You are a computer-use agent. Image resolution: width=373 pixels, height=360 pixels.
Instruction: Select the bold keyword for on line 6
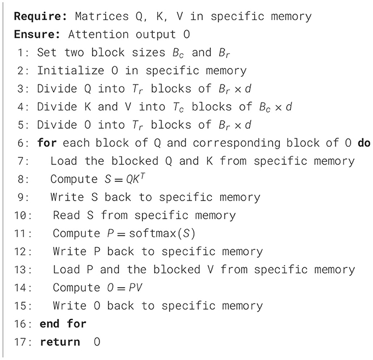click(48, 144)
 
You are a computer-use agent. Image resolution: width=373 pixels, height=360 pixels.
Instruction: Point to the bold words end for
click(63, 323)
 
